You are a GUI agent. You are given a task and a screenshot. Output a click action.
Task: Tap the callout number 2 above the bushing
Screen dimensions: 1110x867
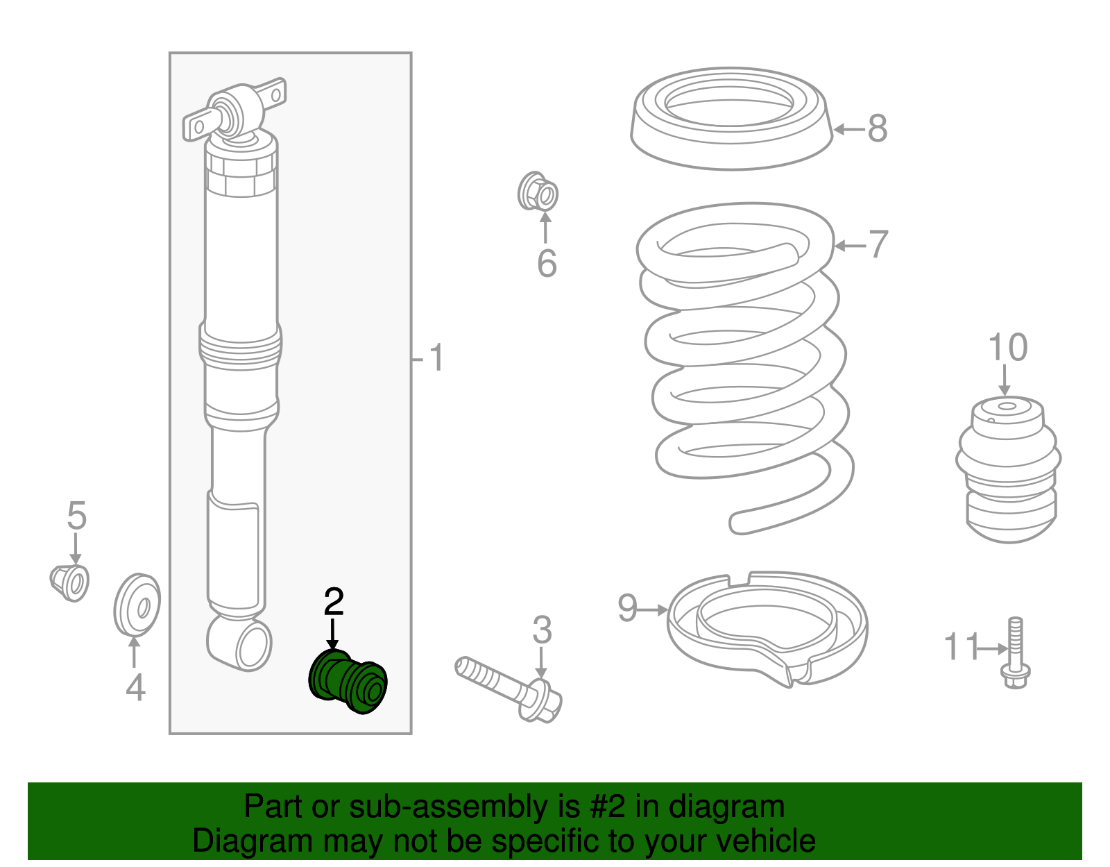(x=334, y=602)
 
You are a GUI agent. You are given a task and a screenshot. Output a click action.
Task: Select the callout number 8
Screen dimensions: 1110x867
(x=878, y=128)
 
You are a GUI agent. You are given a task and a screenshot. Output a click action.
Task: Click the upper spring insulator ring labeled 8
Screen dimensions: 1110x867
(x=731, y=119)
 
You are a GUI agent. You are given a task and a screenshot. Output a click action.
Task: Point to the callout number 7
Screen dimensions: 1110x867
(x=878, y=244)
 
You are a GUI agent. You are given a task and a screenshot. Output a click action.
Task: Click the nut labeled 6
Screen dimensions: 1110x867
(x=538, y=191)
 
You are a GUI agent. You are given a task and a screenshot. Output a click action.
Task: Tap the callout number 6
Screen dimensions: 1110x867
(x=547, y=264)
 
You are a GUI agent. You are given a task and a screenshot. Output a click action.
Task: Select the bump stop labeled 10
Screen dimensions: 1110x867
(x=1008, y=469)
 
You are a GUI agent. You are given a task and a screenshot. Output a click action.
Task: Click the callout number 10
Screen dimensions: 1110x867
(x=1008, y=347)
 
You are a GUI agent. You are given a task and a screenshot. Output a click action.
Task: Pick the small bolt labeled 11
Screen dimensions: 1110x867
(x=1016, y=653)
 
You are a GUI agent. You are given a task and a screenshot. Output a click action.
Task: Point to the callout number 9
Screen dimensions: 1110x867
(x=628, y=608)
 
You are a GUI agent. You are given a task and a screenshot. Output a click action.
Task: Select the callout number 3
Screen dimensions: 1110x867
(x=542, y=630)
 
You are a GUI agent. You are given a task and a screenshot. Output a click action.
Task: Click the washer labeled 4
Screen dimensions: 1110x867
(x=137, y=605)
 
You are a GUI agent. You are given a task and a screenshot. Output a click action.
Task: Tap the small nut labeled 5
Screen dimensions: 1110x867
(x=69, y=583)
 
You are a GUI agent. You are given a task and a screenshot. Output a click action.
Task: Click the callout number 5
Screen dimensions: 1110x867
(x=76, y=516)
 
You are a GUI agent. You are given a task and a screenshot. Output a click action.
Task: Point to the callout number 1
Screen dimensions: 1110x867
(x=436, y=357)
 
